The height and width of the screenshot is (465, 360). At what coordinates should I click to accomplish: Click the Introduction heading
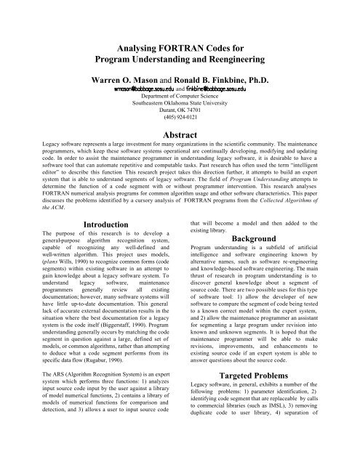pyautogui.click(x=92, y=227)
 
